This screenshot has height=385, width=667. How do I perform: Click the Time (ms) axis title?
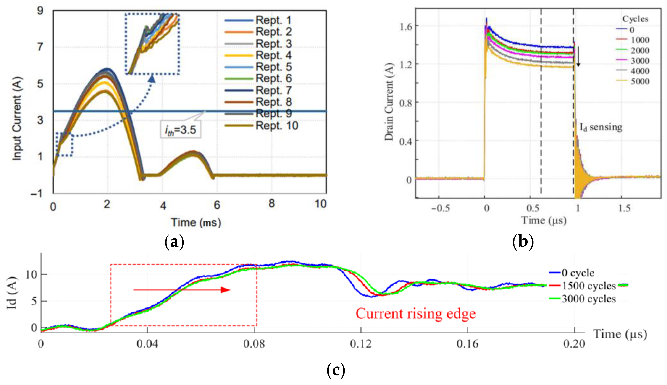point(196,222)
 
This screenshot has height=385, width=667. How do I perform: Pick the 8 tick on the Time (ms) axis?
point(272,204)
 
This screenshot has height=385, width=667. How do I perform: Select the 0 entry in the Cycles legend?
point(632,30)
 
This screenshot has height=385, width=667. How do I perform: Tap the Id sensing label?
point(601,127)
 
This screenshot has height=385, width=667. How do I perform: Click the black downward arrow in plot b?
point(578,57)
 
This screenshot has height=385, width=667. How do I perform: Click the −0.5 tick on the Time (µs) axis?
point(440,208)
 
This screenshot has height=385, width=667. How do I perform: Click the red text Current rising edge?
point(415,314)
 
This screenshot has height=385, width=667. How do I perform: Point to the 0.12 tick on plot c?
point(361,344)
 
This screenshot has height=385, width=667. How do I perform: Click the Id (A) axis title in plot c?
point(12,293)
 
